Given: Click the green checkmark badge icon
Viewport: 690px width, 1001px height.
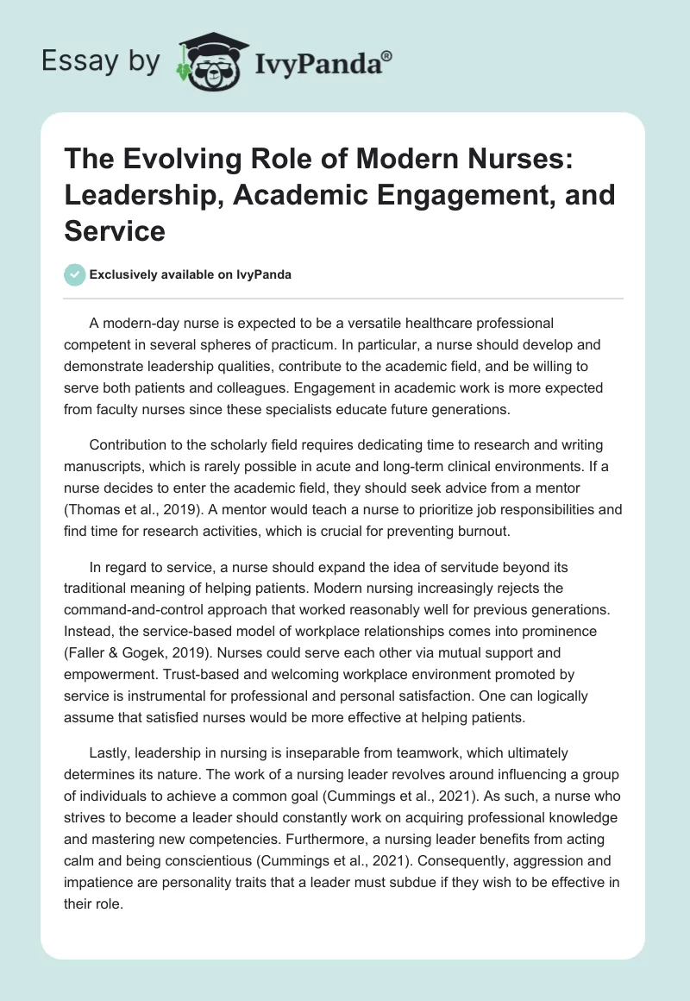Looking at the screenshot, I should (x=75, y=274).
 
